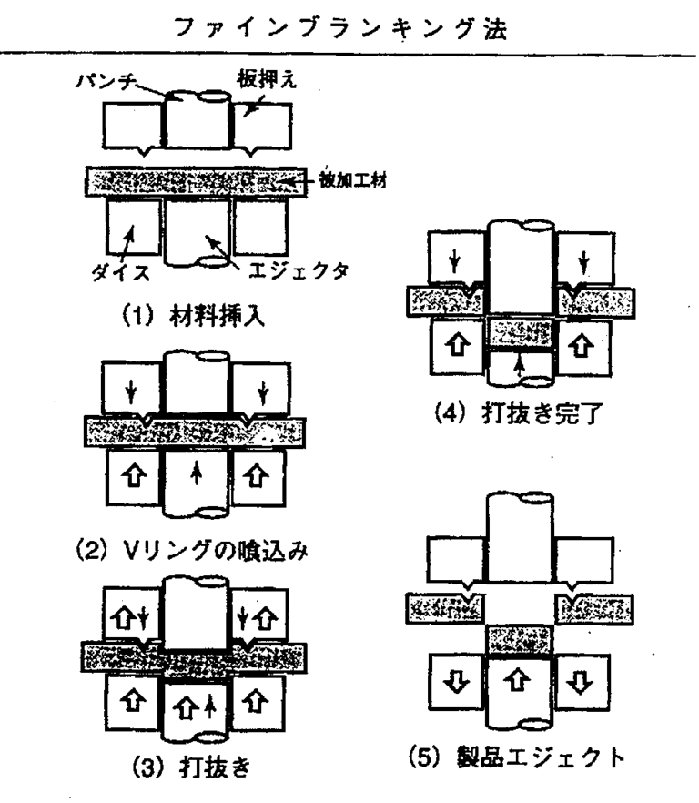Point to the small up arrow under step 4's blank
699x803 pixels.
[x=519, y=366]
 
